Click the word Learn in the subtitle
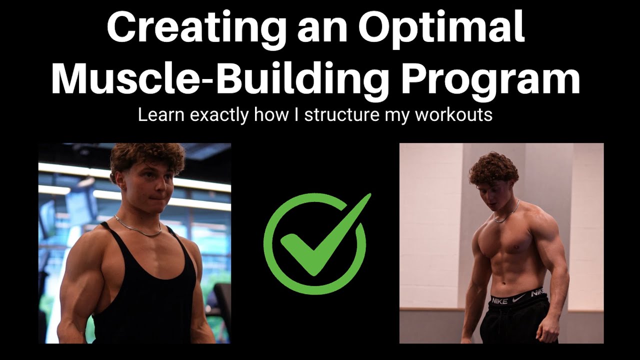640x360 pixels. [x=156, y=115]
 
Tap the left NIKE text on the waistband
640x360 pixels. [x=500, y=300]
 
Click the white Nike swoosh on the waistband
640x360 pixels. [x=518, y=298]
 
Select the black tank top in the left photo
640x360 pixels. [x=145, y=295]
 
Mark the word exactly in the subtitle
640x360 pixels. [x=219, y=115]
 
